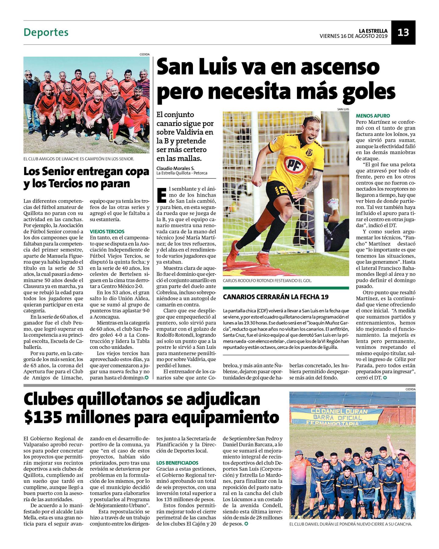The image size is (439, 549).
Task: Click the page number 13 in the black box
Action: coord(403,32)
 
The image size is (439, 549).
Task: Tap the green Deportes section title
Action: coord(46,32)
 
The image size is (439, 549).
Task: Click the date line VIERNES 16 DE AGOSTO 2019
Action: coord(353,36)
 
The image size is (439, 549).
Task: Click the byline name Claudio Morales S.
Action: coord(175,168)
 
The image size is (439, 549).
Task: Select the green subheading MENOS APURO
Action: coord(373,116)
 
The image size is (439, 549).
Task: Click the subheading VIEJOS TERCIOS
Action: coord(107,231)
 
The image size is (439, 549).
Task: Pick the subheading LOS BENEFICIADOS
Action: coord(177,463)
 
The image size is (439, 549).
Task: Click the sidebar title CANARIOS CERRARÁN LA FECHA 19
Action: coord(276,297)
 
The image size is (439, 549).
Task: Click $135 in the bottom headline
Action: coord(43,417)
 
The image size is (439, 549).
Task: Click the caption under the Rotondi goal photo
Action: coord(267,281)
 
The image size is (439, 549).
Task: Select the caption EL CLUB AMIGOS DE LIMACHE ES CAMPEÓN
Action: coord(79,159)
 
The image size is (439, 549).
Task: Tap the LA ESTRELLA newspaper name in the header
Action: coord(373,31)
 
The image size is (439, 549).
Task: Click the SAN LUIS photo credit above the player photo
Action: coord(343,109)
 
